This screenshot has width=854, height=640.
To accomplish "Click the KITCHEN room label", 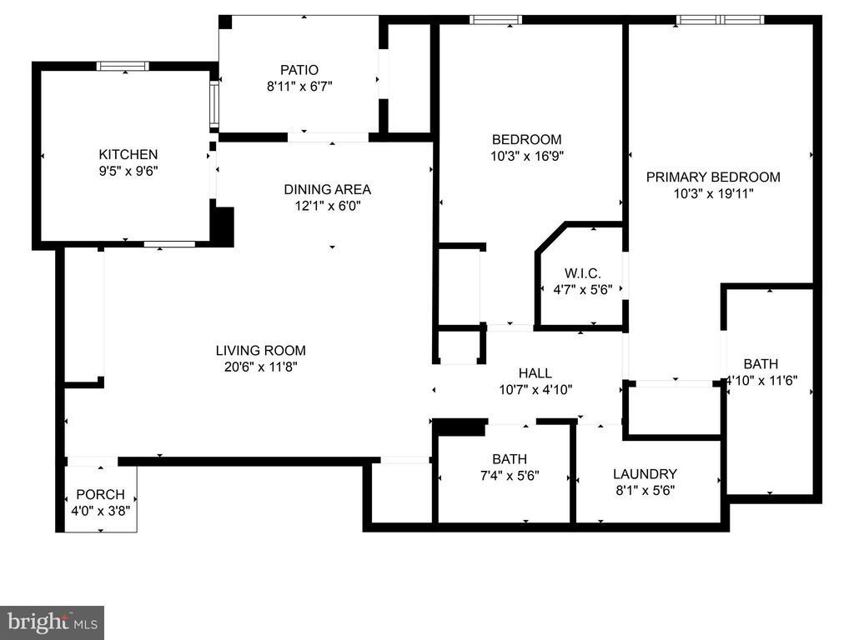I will pos(128,154).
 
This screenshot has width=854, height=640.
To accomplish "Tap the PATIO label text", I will pos(299,70).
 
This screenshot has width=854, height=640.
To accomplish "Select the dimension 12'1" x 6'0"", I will pos(327,205).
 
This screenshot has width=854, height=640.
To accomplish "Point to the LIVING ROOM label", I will pos(260,350).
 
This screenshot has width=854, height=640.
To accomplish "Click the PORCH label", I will pos(100,494).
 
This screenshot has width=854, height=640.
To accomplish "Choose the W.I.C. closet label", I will pos(582,273).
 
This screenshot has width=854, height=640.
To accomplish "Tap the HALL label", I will pos(535,373).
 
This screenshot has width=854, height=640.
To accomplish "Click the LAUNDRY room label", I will pos(645,473).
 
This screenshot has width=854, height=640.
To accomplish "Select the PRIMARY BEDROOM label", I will pos(713,177).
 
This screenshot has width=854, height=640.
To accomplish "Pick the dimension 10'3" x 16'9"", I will pos(526,156).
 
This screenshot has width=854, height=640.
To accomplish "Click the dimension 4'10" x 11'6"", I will pos(761,380).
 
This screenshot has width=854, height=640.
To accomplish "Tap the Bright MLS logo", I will pos(52,622).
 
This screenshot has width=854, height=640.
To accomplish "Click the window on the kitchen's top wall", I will pos(123,66).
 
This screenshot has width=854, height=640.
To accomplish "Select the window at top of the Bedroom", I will pos(495,19).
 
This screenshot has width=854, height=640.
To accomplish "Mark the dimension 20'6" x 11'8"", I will pos(260,367).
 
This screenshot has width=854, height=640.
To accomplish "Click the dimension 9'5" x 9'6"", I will pos(128,171).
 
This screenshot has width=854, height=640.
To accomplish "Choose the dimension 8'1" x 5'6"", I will pos(645,490).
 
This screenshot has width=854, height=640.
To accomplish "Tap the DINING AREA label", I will pos(327,189).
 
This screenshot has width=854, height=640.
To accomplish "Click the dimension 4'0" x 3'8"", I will pos(100,510).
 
